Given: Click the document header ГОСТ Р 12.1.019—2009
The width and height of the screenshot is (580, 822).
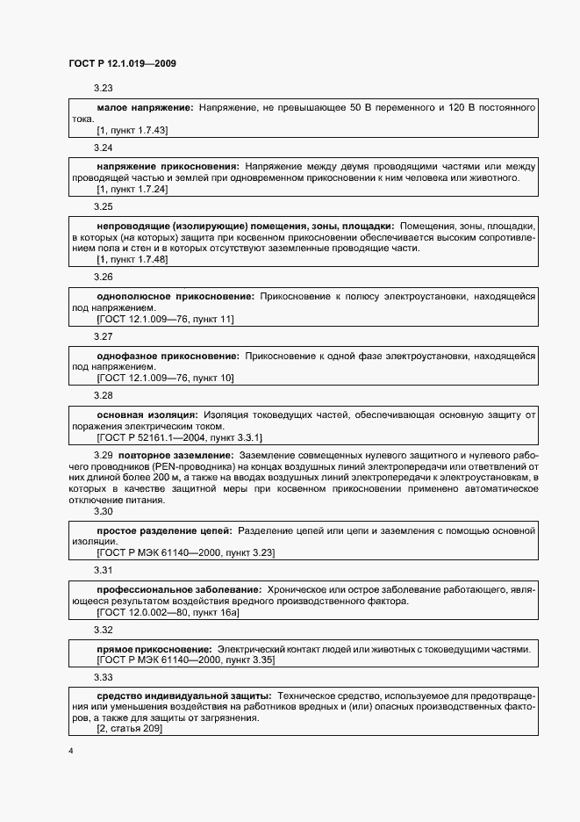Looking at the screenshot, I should pyautogui.click(x=124, y=63).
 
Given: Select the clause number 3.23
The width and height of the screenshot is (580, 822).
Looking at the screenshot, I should pyautogui.click(x=104, y=88).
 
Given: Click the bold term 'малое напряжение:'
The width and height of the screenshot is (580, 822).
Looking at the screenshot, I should pyautogui.click(x=145, y=107).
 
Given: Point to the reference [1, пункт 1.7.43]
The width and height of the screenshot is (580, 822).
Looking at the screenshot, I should pyautogui.click(x=132, y=130).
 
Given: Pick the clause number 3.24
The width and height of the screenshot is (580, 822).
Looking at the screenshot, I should pyautogui.click(x=104, y=148).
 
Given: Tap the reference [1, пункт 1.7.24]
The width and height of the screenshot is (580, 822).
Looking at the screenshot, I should pyautogui.click(x=132, y=189).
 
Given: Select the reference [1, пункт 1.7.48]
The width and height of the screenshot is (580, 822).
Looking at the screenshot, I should pyautogui.click(x=132, y=259).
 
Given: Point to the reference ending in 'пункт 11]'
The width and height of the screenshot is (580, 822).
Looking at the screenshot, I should pyautogui.click(x=165, y=319).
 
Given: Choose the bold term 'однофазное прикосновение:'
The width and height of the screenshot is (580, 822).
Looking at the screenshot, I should pyautogui.click(x=168, y=356).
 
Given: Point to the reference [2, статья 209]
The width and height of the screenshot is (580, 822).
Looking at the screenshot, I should pyautogui.click(x=129, y=729).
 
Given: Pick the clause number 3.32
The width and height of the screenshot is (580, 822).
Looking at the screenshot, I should pyautogui.click(x=104, y=631).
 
